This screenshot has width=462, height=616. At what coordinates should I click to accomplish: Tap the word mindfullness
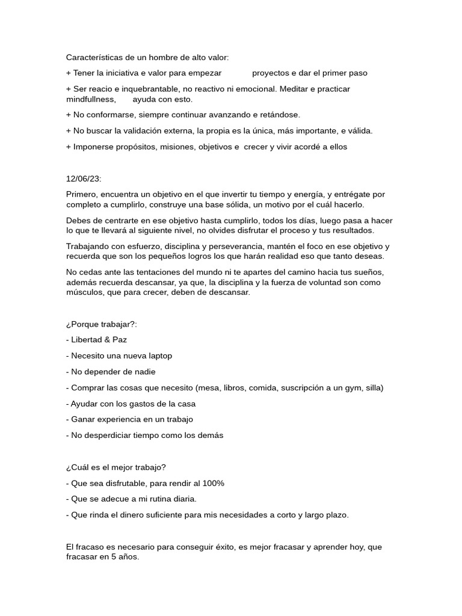coord(91,99)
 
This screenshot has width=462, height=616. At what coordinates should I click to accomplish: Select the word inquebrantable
coord(139,88)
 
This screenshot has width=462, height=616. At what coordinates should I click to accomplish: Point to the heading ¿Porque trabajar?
coord(102,324)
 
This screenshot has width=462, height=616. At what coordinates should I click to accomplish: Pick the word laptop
coord(159,356)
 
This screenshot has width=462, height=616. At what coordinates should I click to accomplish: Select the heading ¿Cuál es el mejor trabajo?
coord(115,467)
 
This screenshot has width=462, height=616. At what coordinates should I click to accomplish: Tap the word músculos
coord(84,292)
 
